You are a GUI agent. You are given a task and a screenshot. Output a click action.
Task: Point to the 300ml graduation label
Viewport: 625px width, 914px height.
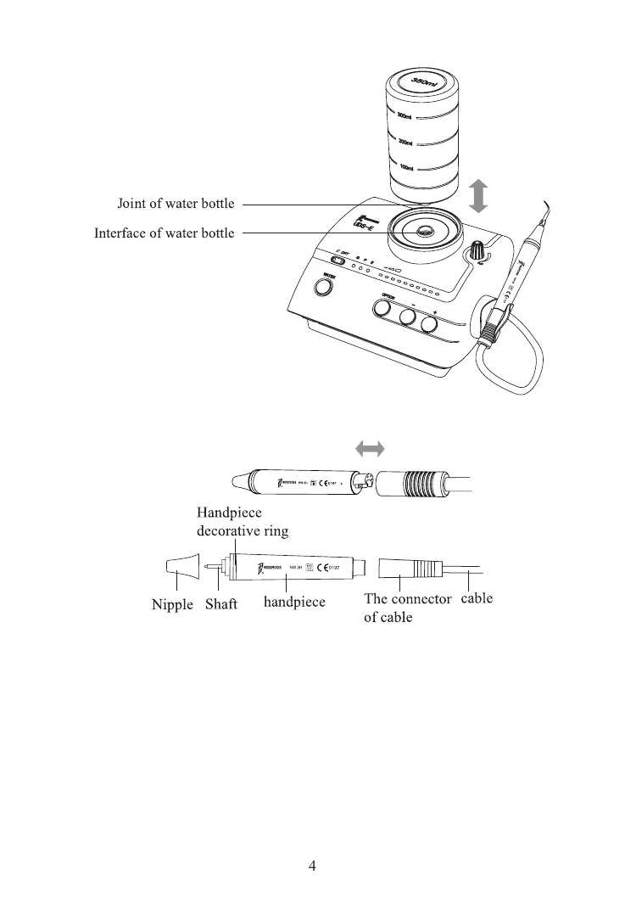click(405, 116)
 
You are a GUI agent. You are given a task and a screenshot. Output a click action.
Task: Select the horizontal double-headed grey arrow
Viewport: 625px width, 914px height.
click(369, 447)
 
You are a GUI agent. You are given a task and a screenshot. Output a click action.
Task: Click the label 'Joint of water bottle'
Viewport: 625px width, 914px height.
click(176, 204)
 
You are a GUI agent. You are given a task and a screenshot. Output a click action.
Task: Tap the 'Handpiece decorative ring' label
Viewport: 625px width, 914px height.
click(243, 522)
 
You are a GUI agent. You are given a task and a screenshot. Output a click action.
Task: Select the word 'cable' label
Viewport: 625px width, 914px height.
click(476, 598)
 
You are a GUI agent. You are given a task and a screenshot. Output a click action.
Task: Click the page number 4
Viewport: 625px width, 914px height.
click(312, 866)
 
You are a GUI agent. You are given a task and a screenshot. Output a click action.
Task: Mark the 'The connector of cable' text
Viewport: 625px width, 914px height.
click(407, 608)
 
